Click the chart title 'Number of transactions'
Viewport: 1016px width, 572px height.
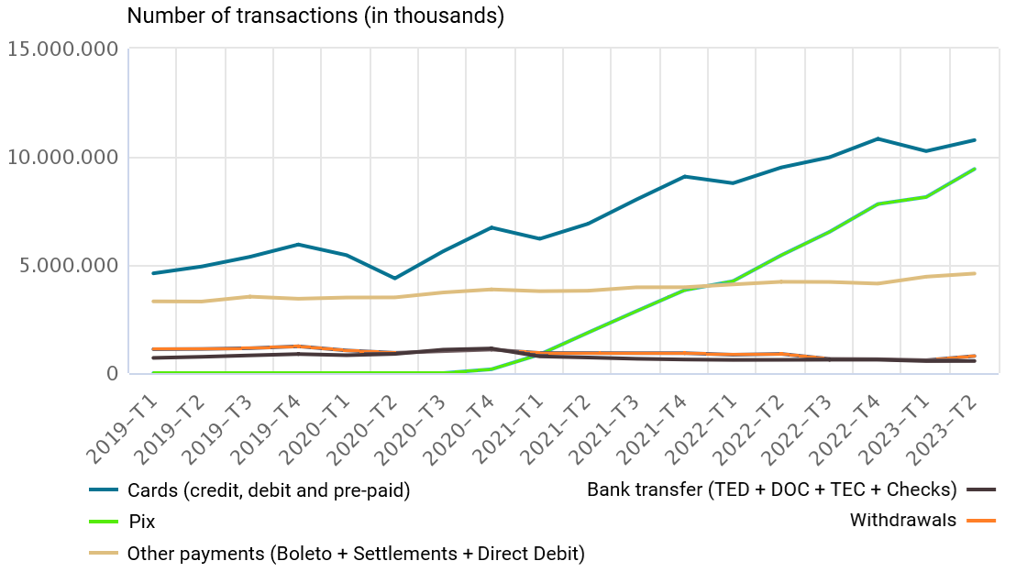[x=315, y=16]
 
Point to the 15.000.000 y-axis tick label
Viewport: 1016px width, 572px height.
[x=62, y=49]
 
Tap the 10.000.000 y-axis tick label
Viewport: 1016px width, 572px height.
[x=62, y=158]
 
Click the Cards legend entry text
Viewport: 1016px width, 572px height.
[x=269, y=490]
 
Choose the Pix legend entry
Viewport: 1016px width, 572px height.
[x=141, y=522]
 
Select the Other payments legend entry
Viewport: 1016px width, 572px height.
[x=356, y=553]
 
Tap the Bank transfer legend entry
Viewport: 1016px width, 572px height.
[x=771, y=489]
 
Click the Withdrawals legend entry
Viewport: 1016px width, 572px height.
[x=903, y=521]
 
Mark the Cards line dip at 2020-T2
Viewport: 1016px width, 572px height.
[x=394, y=278]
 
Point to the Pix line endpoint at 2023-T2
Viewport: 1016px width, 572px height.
[x=974, y=169]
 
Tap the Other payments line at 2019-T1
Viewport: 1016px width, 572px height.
[x=153, y=302]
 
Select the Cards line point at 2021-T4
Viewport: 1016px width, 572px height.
[x=684, y=176]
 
